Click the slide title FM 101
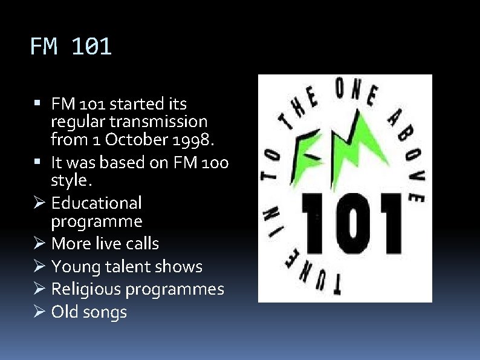[x=71, y=47]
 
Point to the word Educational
[x=96, y=203]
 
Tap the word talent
[x=126, y=267]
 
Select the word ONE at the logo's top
[x=357, y=91]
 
